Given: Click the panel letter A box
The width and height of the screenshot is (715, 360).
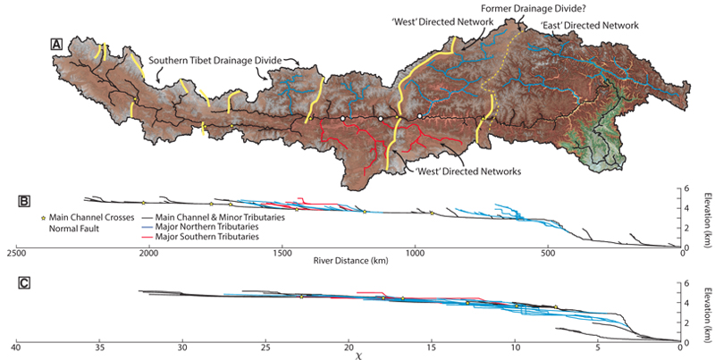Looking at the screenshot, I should click(56, 43).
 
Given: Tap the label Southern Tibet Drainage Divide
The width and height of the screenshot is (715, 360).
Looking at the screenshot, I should click(215, 60).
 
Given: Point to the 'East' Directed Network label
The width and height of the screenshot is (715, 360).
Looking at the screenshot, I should click(589, 25).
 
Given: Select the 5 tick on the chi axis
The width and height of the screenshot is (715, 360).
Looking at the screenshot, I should click(598, 346).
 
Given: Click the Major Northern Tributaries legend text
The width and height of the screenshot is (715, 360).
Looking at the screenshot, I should click(207, 228).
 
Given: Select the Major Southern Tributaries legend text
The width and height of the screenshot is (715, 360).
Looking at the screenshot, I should click(208, 239).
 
